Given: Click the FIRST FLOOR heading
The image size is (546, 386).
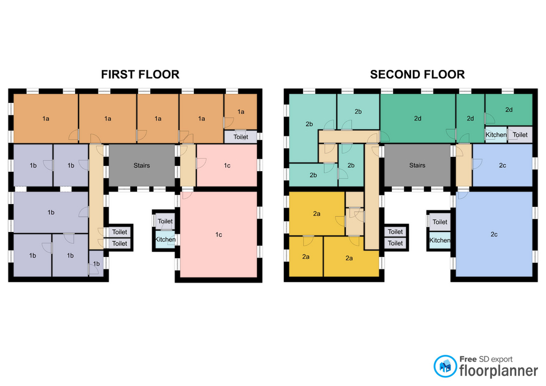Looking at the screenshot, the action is [x=140, y=74].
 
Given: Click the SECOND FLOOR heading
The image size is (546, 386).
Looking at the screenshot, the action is [x=417, y=74].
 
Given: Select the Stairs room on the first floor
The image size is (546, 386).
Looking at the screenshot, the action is [x=142, y=165].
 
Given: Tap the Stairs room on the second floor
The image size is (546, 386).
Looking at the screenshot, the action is [x=417, y=165].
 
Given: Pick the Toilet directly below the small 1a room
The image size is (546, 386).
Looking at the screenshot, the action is [x=241, y=137].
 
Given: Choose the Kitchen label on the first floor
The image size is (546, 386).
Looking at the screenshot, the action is [x=166, y=239].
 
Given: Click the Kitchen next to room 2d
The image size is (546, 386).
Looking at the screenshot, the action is [x=496, y=135].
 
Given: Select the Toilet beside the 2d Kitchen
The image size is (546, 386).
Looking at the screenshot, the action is [x=520, y=135].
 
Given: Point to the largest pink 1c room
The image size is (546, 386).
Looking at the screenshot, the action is [x=218, y=235].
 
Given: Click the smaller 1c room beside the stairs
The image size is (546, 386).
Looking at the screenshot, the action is [x=227, y=165].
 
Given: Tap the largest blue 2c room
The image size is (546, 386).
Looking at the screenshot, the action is [x=494, y=234].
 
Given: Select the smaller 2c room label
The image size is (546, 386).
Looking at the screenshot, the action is [x=502, y=165].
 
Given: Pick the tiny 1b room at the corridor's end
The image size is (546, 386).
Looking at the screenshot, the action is [x=96, y=263].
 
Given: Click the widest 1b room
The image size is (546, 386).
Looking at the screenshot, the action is [x=51, y=212].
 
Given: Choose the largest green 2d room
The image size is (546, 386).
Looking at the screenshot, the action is [x=418, y=118].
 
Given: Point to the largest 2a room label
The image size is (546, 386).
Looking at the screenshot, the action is [x=349, y=258].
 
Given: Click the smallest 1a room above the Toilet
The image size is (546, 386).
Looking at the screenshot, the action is [x=241, y=112].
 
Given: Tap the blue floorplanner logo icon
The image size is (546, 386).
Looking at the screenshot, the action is [x=445, y=366].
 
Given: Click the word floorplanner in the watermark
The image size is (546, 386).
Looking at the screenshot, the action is [x=498, y=371].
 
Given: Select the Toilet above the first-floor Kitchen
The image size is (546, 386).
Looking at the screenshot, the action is [x=165, y=221].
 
